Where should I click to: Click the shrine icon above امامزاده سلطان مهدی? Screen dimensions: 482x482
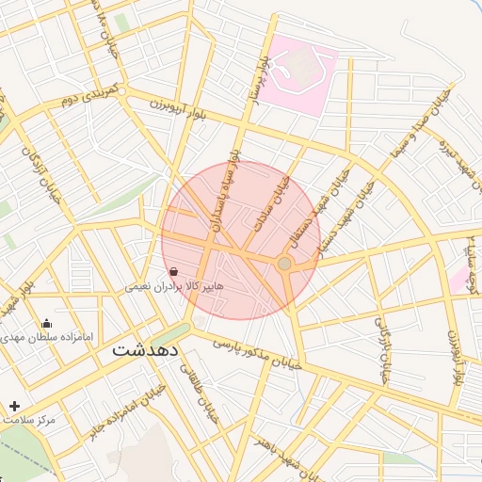coord(47,324)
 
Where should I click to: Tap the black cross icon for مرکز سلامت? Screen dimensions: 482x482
coord(13,406)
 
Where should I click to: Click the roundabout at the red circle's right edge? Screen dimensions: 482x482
coord(285,264)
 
